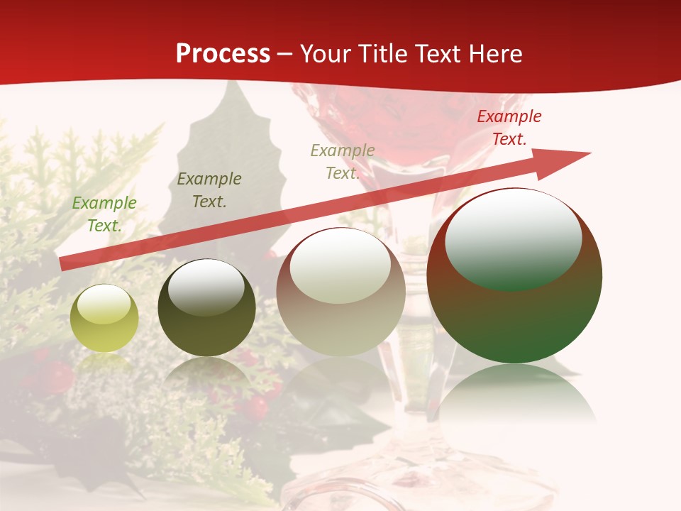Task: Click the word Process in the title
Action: (x=223, y=54)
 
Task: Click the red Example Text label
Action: (x=509, y=128)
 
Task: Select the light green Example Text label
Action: (x=104, y=214)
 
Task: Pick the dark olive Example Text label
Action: (x=209, y=190)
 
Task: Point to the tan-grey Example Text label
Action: (x=343, y=161)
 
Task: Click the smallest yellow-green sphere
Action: (x=104, y=318)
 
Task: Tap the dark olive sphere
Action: (x=206, y=308)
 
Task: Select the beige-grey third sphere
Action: (x=340, y=292)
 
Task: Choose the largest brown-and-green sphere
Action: (x=514, y=275)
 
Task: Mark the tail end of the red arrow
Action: (x=61, y=264)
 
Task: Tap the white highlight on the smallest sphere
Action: (x=104, y=304)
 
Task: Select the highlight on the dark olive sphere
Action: (x=206, y=287)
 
